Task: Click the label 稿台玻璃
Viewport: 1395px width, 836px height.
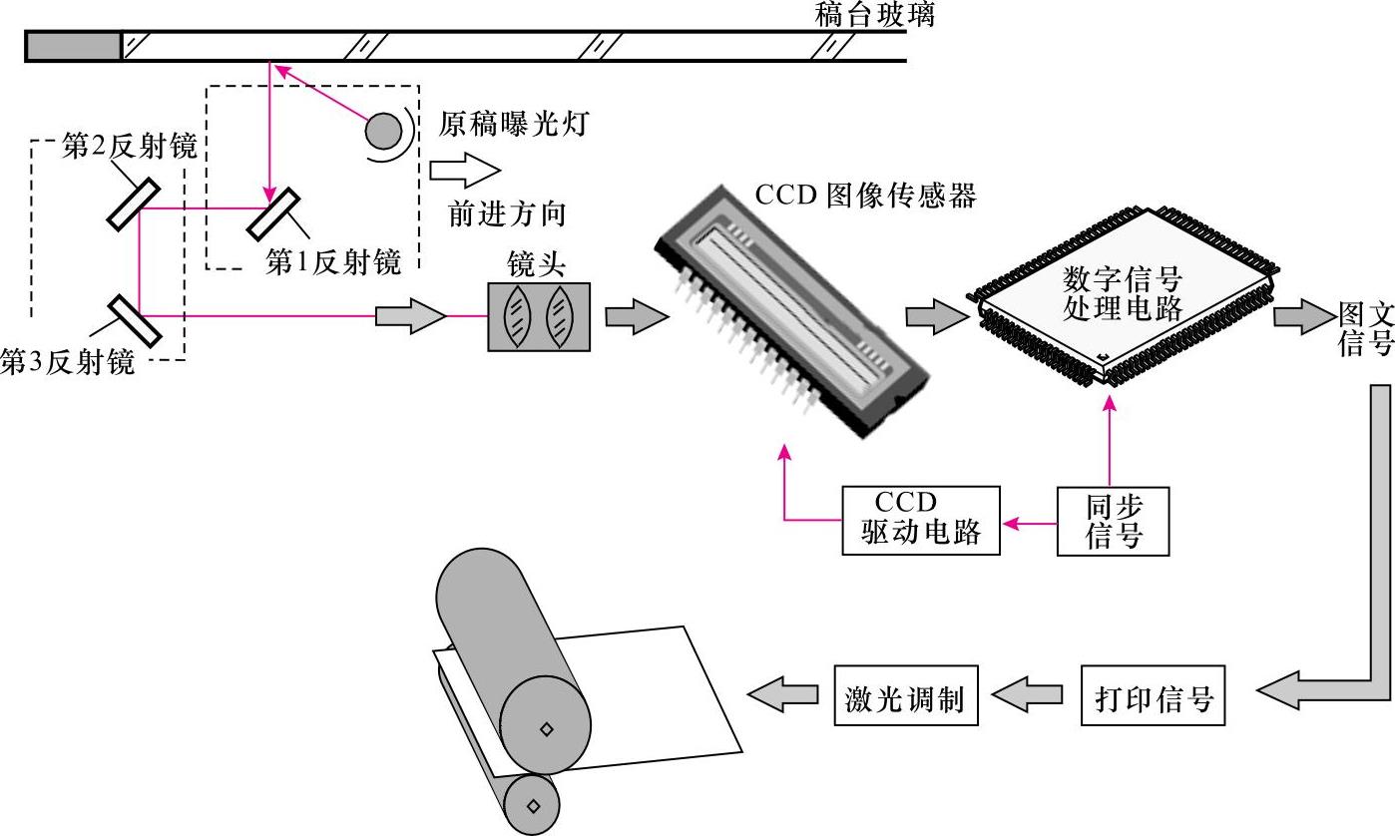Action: pos(875,14)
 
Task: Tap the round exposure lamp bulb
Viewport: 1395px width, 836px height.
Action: pos(383,130)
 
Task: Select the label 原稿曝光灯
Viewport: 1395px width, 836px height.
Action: pos(515,125)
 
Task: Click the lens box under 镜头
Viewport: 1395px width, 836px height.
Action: pos(538,316)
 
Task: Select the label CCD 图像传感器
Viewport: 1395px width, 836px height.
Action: pos(865,195)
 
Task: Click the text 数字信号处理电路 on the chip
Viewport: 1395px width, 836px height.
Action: pos(1123,292)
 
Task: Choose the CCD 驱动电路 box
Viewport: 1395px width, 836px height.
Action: pos(920,521)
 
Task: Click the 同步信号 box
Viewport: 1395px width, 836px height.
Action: pos(1113,521)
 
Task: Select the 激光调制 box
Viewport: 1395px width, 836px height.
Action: pos(906,695)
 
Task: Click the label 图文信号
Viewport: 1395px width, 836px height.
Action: pos(1365,330)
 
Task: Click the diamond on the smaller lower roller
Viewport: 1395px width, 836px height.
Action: pos(533,805)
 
